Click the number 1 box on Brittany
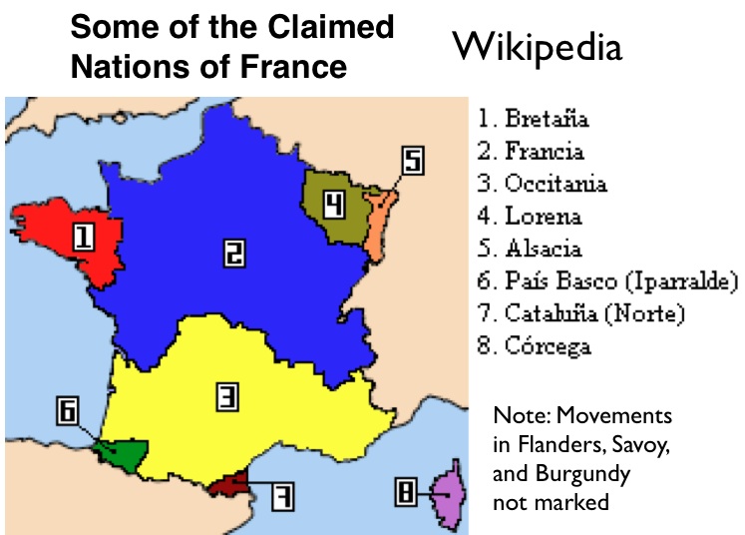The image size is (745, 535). [x=85, y=237]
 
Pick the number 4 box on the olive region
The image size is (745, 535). [x=335, y=205]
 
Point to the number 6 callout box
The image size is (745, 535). [x=67, y=410]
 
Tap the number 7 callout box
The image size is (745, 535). [x=282, y=495]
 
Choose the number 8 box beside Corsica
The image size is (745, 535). [x=406, y=491]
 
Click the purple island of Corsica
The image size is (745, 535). [x=444, y=491]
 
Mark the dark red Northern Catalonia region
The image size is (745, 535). [x=228, y=484]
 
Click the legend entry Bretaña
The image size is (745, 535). [x=533, y=120]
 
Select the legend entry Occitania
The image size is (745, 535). [x=542, y=184]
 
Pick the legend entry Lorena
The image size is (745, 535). [x=530, y=216]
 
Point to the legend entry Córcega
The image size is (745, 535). [x=534, y=346]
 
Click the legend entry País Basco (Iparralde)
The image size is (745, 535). [x=606, y=280]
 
